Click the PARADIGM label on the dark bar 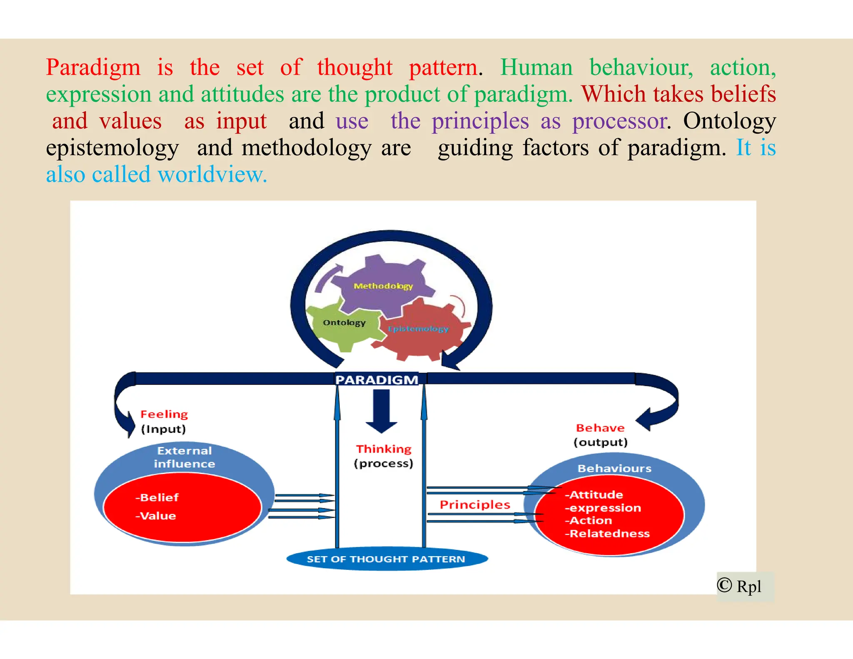(x=377, y=379)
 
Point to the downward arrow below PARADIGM (x=381, y=411)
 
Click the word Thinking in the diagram (x=384, y=449)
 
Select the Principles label (x=475, y=504)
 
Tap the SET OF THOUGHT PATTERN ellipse (x=386, y=559)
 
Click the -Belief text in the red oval (x=157, y=497)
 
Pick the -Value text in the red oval (x=155, y=516)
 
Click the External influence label (x=185, y=457)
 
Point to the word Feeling (x=164, y=414)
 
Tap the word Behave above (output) (x=600, y=428)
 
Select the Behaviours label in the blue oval (x=614, y=468)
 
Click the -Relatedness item (x=607, y=534)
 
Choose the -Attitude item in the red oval (x=594, y=495)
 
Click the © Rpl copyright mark (x=739, y=586)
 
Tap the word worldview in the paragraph (x=212, y=175)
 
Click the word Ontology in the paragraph (x=729, y=121)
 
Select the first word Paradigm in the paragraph (x=93, y=68)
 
